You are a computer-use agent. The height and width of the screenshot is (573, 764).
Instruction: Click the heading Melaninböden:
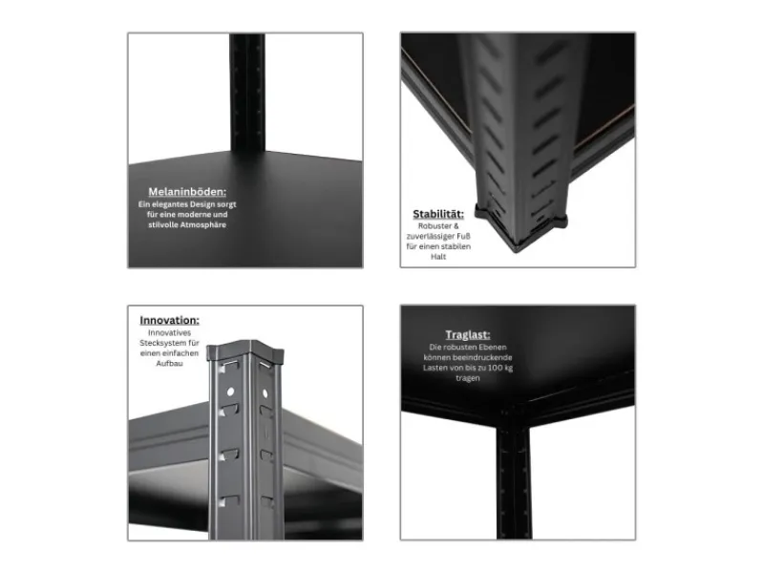point(187,191)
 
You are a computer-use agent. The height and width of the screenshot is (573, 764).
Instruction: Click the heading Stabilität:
point(438,214)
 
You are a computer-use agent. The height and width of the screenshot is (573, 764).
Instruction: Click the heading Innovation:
point(170,320)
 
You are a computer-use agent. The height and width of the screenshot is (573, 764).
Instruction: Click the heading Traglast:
point(467,334)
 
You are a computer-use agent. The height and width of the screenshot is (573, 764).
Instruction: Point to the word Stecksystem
point(157,343)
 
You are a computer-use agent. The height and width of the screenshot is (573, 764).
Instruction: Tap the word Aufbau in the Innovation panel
point(170,365)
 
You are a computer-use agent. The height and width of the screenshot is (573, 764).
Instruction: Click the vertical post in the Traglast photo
point(514,477)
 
